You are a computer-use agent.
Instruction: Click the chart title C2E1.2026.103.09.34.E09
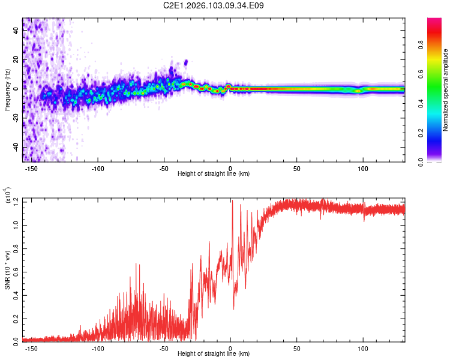pyautogui.click(x=214, y=5)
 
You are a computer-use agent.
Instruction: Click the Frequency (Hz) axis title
pyautogui.click(x=7, y=90)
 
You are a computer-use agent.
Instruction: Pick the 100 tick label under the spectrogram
pyautogui.click(x=362, y=169)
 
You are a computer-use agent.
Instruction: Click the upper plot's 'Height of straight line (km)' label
pyautogui.click(x=213, y=174)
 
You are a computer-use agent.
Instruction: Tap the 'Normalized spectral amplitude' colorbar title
pyautogui.click(x=445, y=90)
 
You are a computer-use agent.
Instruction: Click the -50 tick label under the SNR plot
pyautogui.click(x=164, y=348)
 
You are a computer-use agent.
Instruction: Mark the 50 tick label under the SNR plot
pyautogui.click(x=296, y=348)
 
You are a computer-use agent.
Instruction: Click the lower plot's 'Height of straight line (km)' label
pyautogui.click(x=213, y=354)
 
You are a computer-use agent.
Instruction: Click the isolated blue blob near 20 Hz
pyautogui.click(x=186, y=62)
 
